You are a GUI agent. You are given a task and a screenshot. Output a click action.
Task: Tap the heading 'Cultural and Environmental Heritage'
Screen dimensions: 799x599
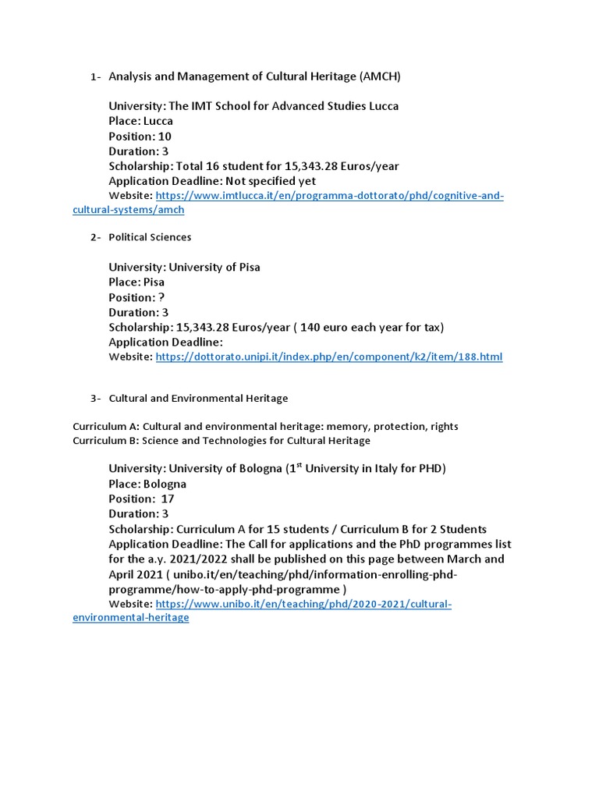(198, 399)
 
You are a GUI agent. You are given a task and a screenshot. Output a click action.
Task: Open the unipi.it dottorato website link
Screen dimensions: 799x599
(329, 357)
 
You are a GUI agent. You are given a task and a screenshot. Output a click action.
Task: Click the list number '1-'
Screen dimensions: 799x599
(95, 77)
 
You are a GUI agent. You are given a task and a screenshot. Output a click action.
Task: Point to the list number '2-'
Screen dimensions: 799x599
(95, 237)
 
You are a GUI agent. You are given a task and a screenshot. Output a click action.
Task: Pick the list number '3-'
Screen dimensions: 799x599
(95, 399)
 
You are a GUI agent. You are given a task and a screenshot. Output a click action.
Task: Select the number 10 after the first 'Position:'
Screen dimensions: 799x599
(165, 137)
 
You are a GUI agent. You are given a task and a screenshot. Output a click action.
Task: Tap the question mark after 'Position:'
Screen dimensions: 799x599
(161, 297)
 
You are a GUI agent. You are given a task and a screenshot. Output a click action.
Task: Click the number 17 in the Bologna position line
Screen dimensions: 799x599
(168, 499)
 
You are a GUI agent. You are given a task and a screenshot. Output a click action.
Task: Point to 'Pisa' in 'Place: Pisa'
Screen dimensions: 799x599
(154, 282)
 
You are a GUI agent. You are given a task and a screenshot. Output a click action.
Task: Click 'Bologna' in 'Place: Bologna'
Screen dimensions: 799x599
(165, 484)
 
